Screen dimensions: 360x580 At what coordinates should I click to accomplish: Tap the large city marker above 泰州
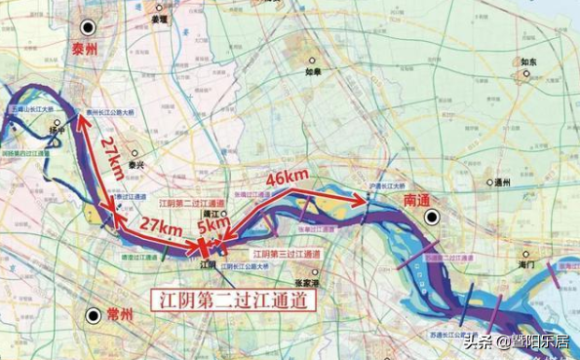tap(89, 27)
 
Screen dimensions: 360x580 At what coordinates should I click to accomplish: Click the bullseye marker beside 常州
tap(93, 315)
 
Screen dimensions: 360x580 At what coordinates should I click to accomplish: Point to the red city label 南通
tap(417, 199)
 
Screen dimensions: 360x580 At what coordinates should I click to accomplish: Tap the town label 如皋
tap(312, 72)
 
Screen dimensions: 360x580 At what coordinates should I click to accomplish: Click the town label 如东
tap(528, 61)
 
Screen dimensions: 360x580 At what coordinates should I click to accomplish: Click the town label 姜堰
tap(159, 19)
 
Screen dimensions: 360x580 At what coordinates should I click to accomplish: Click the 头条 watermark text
tap(479, 340)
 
